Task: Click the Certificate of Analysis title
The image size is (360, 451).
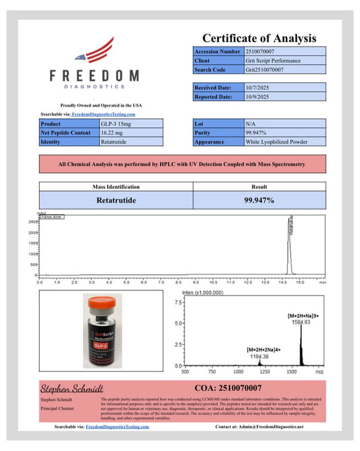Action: coord(259,38)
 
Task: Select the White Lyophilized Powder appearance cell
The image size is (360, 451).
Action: coord(275,142)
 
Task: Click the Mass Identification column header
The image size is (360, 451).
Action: coord(115,186)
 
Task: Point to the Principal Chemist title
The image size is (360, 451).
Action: coord(56,408)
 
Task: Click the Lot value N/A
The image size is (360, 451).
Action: coord(251,124)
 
